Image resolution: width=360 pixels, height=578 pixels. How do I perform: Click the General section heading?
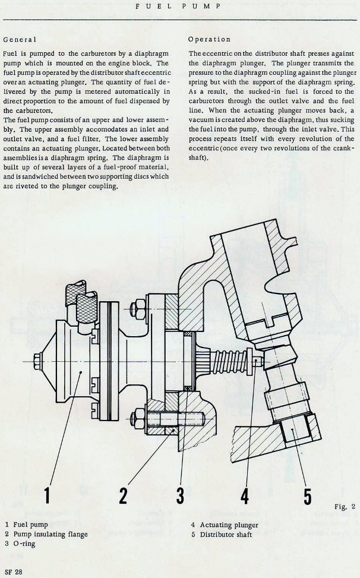click(x=20, y=39)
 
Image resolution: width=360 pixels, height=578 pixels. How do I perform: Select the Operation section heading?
click(x=209, y=39)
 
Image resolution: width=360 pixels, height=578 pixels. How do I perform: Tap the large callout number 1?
click(x=46, y=496)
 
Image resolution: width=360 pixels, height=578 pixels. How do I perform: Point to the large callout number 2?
click(x=123, y=496)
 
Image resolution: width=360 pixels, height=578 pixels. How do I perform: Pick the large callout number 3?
click(x=179, y=496)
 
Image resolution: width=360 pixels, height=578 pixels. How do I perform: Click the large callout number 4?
click(x=245, y=496)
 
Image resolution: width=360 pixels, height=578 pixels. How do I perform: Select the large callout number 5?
click(x=307, y=496)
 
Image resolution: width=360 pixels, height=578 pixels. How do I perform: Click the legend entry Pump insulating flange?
click(x=50, y=534)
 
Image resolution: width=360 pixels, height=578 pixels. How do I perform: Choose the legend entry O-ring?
click(x=24, y=543)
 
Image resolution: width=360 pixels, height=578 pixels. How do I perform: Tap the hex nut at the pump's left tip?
click(x=37, y=361)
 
